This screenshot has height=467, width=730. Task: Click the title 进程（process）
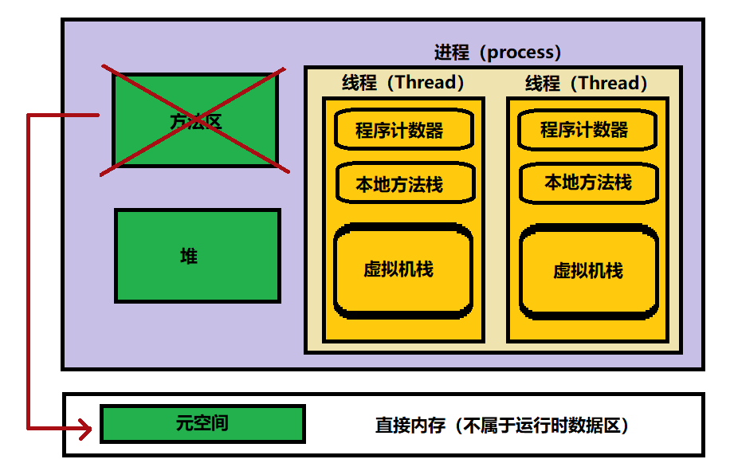pyautogui.click(x=497, y=53)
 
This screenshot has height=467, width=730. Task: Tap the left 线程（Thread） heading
pyautogui.click(x=402, y=82)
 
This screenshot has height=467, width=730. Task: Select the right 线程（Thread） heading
pyautogui.click(x=587, y=83)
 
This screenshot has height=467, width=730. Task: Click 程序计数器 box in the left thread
pyautogui.click(x=403, y=130)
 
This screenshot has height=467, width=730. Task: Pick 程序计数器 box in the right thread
pyautogui.click(x=587, y=130)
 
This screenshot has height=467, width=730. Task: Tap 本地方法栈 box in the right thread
pyautogui.click(x=588, y=182)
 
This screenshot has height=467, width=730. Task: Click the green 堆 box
pyautogui.click(x=197, y=256)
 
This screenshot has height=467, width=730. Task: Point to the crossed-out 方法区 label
pyautogui.click(x=195, y=122)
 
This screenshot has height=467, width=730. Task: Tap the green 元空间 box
pyautogui.click(x=202, y=423)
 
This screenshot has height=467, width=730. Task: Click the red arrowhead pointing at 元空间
pyautogui.click(x=86, y=430)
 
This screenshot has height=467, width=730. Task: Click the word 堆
pyautogui.click(x=189, y=256)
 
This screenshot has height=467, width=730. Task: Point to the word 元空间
pyautogui.click(x=202, y=422)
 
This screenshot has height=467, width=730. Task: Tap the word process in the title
pyautogui.click(x=519, y=53)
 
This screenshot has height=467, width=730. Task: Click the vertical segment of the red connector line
pyautogui.click(x=29, y=271)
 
